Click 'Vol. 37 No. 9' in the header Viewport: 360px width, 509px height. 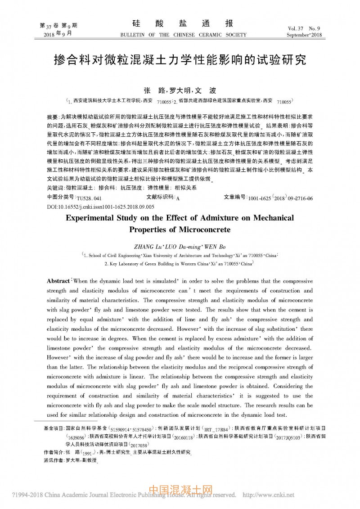(306, 28)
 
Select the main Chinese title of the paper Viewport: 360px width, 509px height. (180, 60)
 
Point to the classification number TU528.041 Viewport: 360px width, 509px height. (89, 198)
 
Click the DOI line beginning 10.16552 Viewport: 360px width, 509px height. (100, 206)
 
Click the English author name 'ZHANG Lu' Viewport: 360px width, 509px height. (149, 247)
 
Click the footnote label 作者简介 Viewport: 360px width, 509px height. (53, 451)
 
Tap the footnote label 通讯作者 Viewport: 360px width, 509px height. (53, 460)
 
